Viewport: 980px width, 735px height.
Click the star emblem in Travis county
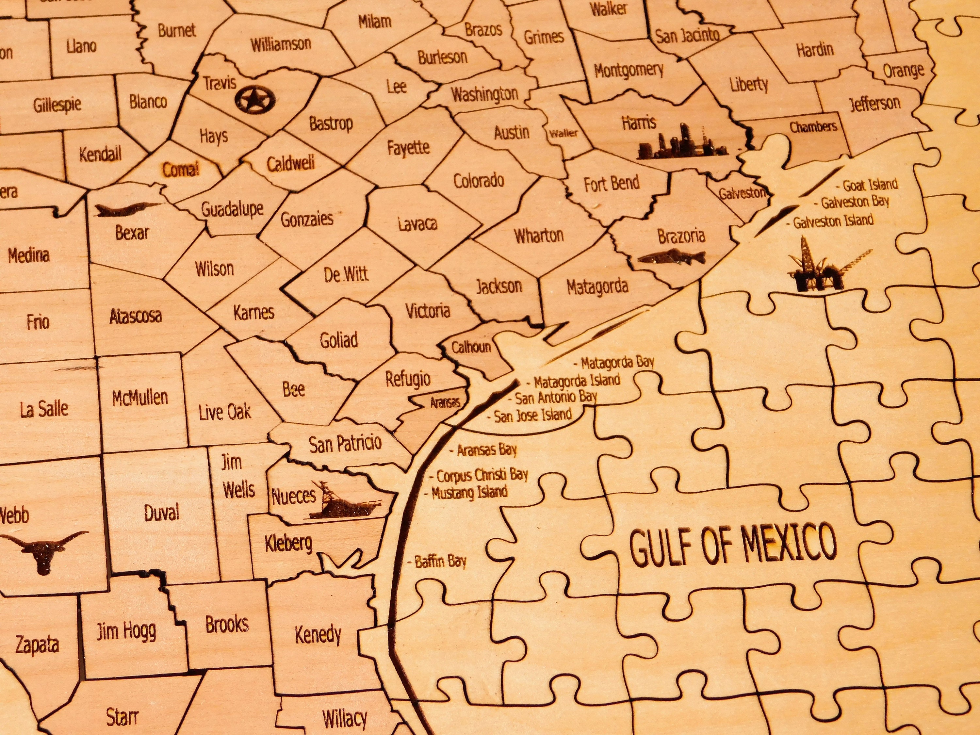coord(255,99)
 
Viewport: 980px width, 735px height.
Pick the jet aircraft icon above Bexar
coord(126,209)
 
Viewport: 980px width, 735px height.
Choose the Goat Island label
coord(869,185)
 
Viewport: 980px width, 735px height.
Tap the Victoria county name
coord(428,311)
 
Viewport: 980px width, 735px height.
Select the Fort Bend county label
coord(612,183)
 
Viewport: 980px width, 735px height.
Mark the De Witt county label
coord(346,275)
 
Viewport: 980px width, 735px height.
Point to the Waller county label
coord(563,133)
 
